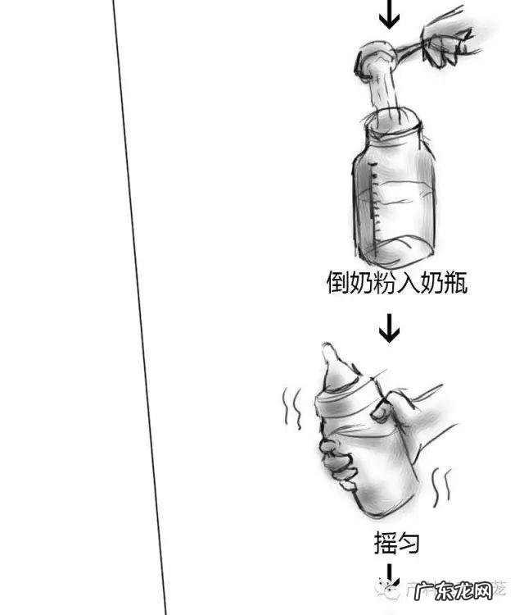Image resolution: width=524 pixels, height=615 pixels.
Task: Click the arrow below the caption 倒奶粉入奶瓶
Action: (390, 329)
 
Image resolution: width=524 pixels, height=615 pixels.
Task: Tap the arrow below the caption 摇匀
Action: (390, 573)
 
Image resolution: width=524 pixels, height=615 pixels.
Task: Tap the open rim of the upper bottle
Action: (394, 122)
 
